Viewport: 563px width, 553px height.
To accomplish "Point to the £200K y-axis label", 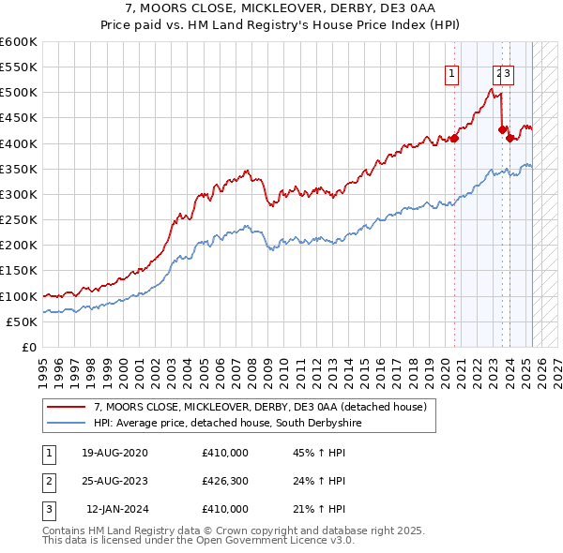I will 19,245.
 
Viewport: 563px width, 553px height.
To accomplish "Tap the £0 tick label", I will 30,347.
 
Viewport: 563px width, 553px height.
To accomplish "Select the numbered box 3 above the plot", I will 507,75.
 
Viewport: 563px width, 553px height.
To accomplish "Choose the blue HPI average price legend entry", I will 224,424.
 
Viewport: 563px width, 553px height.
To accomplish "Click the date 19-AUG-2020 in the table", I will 114,454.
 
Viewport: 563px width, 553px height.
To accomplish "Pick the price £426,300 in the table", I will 225,482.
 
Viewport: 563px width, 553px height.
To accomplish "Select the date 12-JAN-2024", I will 114,510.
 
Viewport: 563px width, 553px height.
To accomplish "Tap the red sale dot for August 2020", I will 454,139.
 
